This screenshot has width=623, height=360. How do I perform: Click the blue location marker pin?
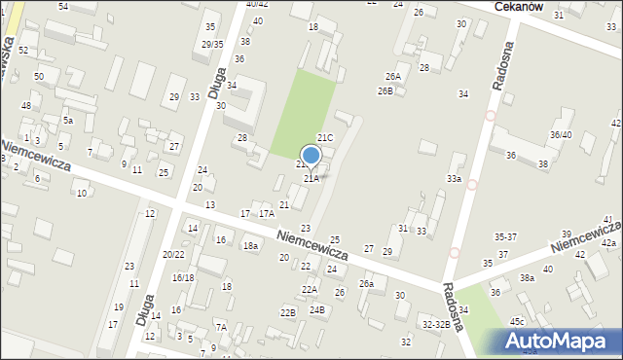311,156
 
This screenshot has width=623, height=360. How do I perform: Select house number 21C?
325,138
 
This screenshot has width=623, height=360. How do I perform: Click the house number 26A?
392,76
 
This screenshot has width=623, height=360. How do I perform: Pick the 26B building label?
385,90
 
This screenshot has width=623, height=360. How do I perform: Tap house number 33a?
454,179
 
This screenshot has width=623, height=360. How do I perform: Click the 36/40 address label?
561,135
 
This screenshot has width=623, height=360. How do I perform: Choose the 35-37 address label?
505,236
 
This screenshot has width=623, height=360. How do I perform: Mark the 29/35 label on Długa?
212,44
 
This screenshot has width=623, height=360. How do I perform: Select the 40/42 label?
257,5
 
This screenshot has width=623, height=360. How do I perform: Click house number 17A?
266,213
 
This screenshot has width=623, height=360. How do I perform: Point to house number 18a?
250,246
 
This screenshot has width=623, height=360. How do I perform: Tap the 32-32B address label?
436,323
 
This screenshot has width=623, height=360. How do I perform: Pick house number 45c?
517,321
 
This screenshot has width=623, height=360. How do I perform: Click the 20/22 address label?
173,254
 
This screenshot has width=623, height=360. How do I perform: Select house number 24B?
317,309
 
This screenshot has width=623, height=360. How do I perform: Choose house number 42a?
608,242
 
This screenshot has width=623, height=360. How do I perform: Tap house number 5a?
68,120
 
